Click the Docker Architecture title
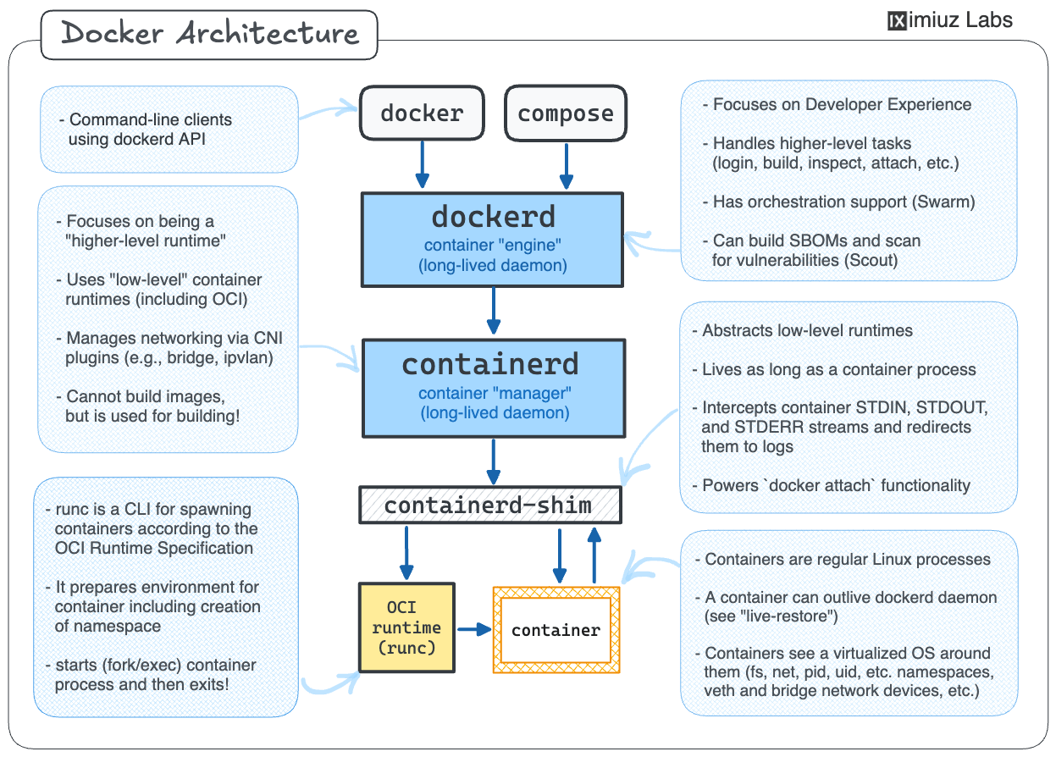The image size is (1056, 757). (x=209, y=35)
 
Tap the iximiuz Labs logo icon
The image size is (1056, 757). (x=897, y=20)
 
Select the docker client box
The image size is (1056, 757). (x=422, y=113)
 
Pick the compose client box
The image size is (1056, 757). (x=566, y=113)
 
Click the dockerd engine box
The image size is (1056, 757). (x=493, y=239)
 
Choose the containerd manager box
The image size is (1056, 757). (x=493, y=386)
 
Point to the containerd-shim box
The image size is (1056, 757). (x=489, y=506)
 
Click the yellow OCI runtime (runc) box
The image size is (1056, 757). (x=407, y=627)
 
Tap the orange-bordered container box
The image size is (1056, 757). (x=556, y=630)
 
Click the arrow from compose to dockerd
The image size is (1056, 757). (x=567, y=164)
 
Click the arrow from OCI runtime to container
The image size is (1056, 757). (x=474, y=629)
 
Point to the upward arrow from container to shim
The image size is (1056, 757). (x=594, y=554)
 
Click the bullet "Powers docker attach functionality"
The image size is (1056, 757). (x=836, y=486)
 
